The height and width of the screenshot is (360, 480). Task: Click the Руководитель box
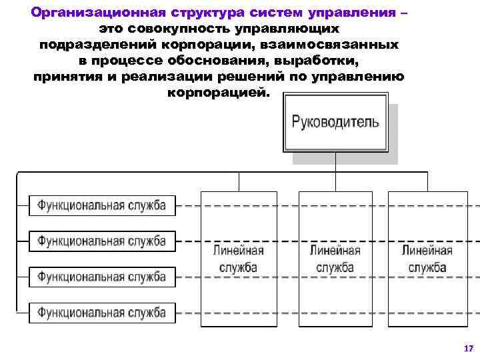(335, 123)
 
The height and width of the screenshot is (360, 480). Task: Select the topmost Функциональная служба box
(101, 205)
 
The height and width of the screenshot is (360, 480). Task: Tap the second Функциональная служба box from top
(101, 241)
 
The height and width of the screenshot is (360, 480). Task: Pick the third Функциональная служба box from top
(101, 276)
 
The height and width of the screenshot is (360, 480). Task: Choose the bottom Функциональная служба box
(101, 311)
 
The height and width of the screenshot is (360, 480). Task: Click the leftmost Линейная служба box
(238, 259)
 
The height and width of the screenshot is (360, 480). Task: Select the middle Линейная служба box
(335, 259)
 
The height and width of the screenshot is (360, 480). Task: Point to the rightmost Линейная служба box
(427, 259)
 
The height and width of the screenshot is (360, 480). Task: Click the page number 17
(467, 348)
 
